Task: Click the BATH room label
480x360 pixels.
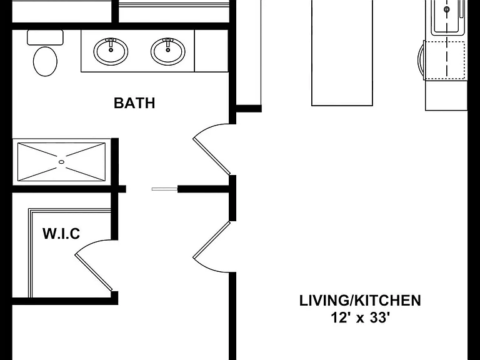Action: pos(134,103)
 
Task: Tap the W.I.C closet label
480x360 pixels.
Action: pos(61,234)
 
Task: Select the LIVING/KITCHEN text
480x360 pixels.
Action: pos(360,301)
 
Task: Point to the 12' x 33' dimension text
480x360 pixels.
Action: pos(360,317)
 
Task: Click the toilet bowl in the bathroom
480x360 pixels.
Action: pos(45,61)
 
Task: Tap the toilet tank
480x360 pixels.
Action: pos(45,37)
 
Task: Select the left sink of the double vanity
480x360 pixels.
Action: pos(111,51)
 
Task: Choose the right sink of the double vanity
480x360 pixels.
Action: pos(167,51)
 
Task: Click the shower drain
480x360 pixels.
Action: pos(61,162)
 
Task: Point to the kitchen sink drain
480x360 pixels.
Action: pos(447,9)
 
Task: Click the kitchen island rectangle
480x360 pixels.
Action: pos(342,52)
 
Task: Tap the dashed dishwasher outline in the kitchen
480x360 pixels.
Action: pos(445,60)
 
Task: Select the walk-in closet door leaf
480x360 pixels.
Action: pos(94,272)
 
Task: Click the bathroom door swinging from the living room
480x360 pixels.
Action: pos(211,156)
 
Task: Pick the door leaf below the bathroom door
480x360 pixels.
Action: pos(211,240)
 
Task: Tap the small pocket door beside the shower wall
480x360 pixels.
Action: pos(165,189)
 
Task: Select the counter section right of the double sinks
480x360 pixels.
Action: pos(211,51)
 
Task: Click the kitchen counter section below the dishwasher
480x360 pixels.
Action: pos(446,95)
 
